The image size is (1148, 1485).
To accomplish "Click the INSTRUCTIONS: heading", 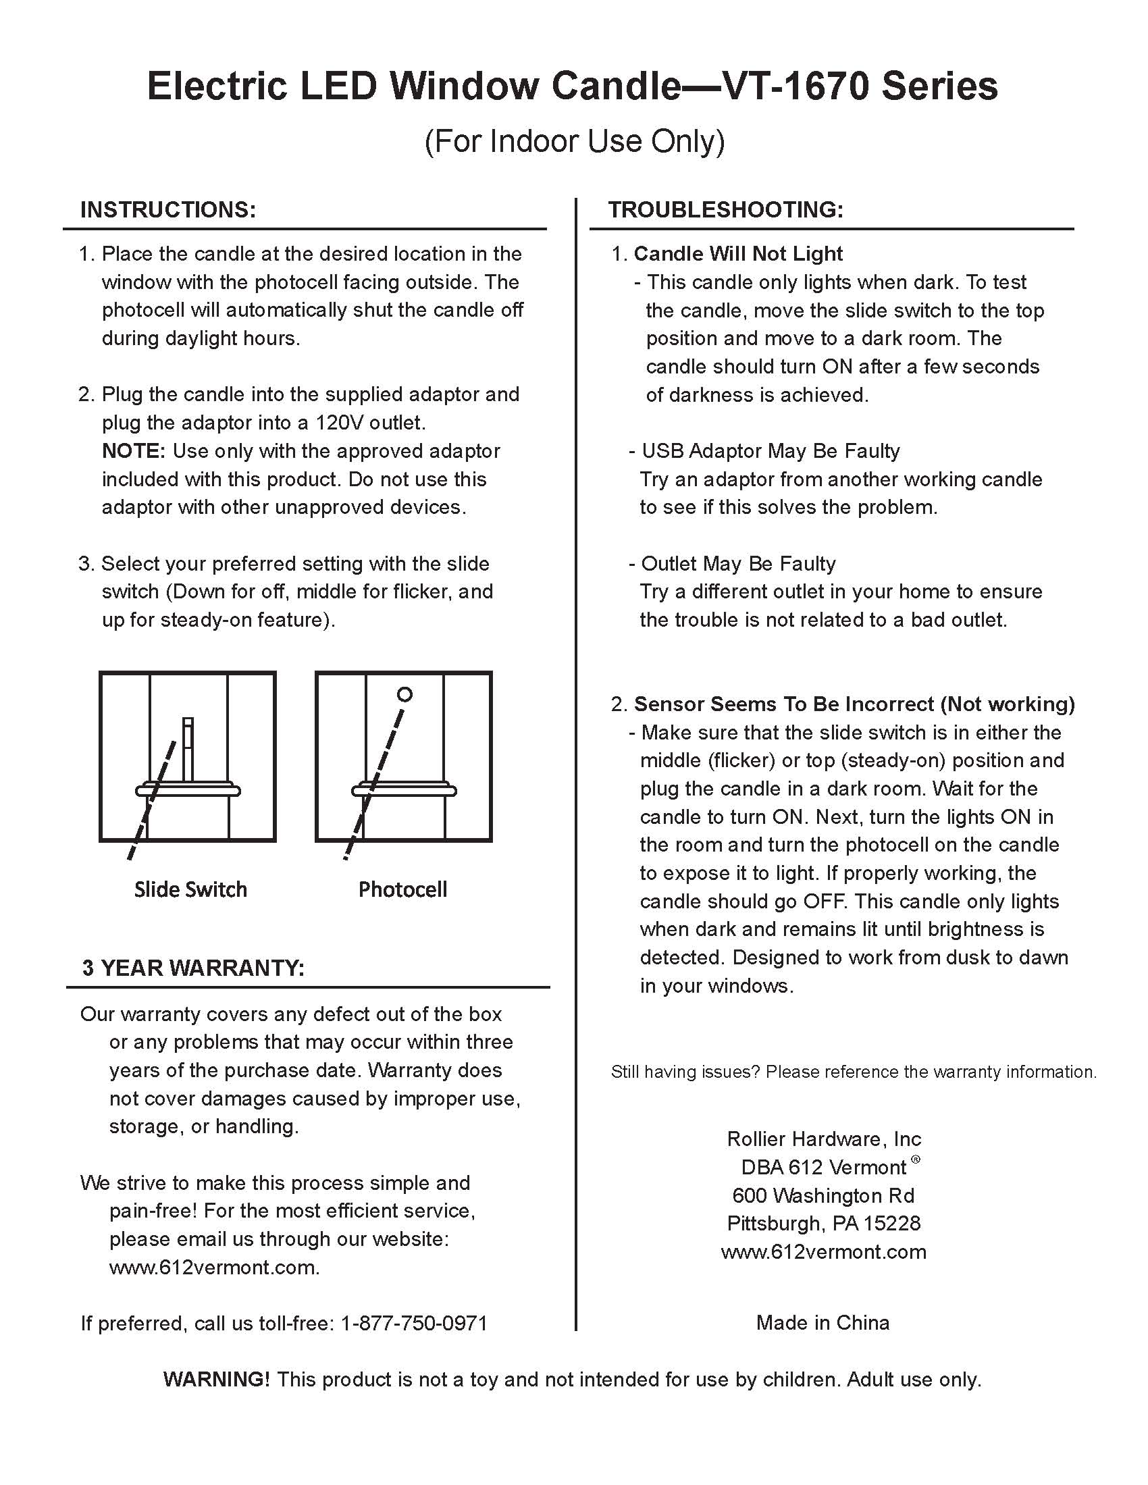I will click(168, 209).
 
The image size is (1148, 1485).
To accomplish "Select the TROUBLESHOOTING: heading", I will click(726, 209).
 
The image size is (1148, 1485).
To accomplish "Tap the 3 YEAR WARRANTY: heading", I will click(193, 968).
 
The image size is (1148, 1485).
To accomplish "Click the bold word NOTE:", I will click(133, 451).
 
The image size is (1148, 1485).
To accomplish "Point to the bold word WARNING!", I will click(216, 1379).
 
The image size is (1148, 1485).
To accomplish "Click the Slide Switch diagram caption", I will click(190, 889).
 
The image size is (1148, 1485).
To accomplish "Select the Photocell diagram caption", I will click(402, 889).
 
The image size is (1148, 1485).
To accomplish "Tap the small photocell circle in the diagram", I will click(405, 694).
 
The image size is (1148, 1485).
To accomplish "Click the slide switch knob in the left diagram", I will click(188, 748).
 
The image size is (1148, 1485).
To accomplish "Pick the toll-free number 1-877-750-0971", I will click(413, 1322).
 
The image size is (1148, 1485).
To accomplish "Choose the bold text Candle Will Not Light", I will click(738, 254).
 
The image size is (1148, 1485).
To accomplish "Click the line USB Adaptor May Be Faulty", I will click(770, 451).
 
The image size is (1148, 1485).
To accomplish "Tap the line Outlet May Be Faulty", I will click(738, 564).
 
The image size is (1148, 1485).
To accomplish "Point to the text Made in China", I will click(823, 1322).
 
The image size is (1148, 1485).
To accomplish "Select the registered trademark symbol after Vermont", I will click(916, 1160).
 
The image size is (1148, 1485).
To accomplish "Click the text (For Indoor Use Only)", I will click(575, 141).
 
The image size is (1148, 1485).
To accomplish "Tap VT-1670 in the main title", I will click(793, 86).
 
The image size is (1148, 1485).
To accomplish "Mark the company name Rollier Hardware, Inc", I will click(824, 1139).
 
